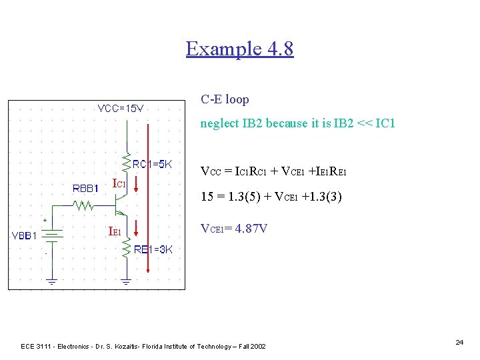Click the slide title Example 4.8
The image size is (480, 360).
[239, 49]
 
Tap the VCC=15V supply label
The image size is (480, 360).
[125, 108]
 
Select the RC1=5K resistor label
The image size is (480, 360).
[153, 164]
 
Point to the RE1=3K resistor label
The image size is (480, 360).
[153, 249]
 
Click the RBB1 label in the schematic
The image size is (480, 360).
[85, 188]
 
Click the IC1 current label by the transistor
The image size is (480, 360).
[120, 183]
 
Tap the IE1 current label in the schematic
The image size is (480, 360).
[115, 232]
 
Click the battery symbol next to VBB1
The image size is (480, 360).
[53, 234]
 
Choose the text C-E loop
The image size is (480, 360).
[225, 99]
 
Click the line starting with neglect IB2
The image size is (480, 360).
[298, 123]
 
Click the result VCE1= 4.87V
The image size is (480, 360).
[234, 229]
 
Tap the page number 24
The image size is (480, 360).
[459, 342]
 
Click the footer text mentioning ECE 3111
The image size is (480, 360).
[143, 346]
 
